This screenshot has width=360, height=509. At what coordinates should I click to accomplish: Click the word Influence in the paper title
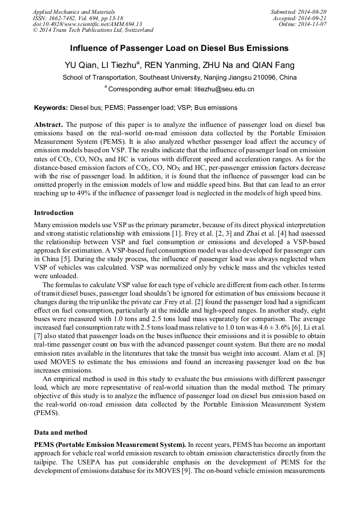[89, 48]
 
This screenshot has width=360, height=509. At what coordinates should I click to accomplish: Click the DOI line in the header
[87, 24]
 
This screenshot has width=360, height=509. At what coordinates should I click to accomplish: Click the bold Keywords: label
[51, 108]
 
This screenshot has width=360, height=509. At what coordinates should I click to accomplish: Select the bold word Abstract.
[48, 125]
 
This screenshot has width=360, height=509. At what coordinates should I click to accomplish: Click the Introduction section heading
[54, 213]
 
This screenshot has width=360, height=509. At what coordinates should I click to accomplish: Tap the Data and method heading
[61, 432]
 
